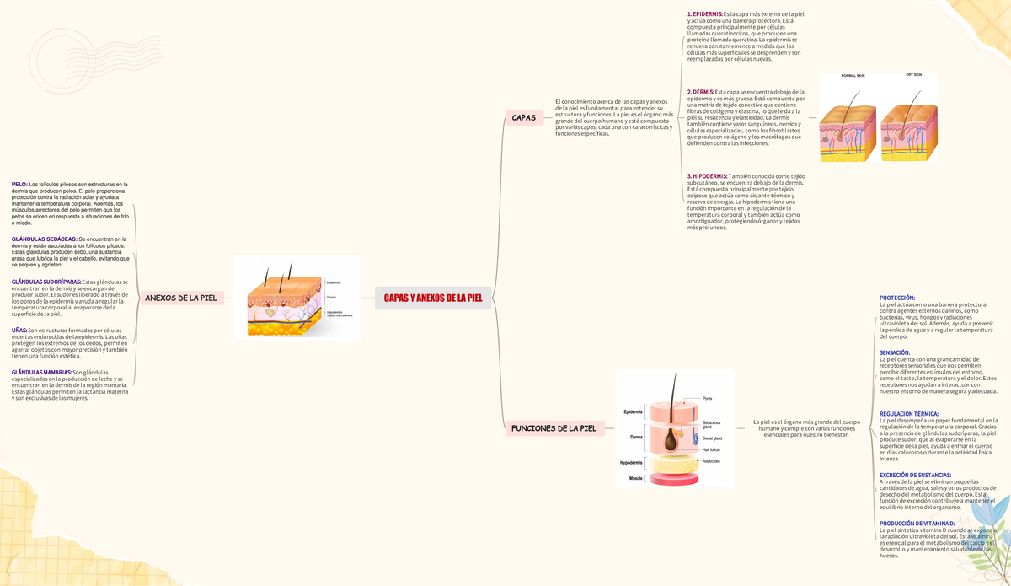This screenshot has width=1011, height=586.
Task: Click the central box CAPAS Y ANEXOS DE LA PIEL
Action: pyautogui.click(x=433, y=298)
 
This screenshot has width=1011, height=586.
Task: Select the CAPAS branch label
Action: pyautogui.click(x=524, y=117)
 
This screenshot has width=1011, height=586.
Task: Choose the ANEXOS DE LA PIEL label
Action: pyautogui.click(x=181, y=298)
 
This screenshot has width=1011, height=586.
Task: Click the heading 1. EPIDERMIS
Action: pyautogui.click(x=705, y=14)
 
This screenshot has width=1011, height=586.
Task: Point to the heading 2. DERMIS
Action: pyautogui.click(x=701, y=92)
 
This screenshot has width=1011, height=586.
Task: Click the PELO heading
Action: pyautogui.click(x=19, y=184)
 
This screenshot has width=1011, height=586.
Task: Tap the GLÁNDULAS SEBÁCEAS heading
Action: pyautogui.click(x=44, y=239)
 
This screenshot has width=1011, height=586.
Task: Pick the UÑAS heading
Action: pyautogui.click(x=19, y=330)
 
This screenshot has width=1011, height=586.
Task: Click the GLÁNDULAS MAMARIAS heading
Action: pyautogui.click(x=41, y=372)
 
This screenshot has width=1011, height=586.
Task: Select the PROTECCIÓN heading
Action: pyautogui.click(x=897, y=298)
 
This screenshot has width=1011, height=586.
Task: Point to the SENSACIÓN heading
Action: pyautogui.click(x=895, y=352)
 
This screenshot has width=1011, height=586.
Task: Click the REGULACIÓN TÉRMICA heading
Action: pyautogui.click(x=909, y=414)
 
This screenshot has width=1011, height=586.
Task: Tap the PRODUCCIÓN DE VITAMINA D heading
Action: pyautogui.click(x=917, y=524)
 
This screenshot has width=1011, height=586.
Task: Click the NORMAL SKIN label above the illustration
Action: pyautogui.click(x=853, y=76)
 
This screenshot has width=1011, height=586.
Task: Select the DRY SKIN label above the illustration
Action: pyautogui.click(x=913, y=75)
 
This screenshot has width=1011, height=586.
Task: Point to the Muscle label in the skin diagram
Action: pyautogui.click(x=635, y=478)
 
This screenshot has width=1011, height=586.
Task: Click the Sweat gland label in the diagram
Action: pyautogui.click(x=712, y=438)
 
